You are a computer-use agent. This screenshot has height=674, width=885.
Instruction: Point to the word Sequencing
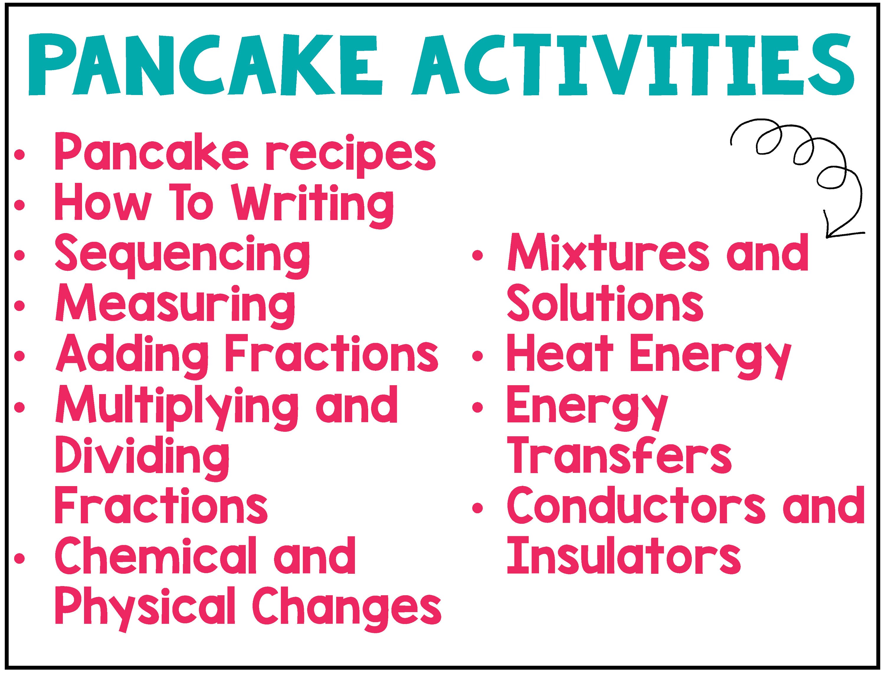(183, 256)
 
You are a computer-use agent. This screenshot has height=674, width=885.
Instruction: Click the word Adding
(132, 355)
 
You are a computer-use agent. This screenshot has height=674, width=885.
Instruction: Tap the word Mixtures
(608, 255)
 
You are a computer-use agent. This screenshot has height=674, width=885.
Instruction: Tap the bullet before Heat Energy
(477, 356)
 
